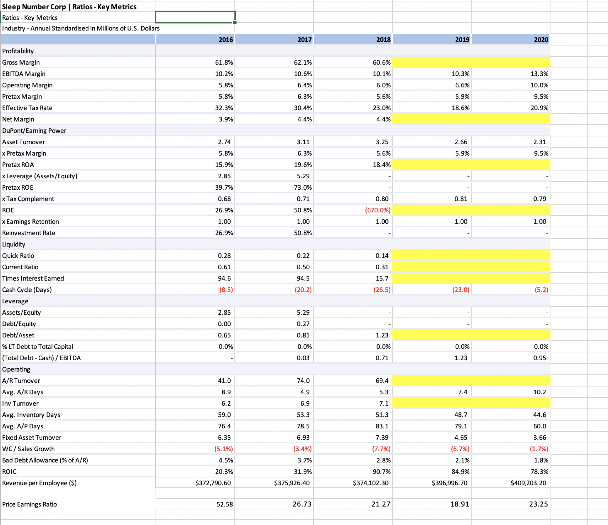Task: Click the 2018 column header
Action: pos(383,39)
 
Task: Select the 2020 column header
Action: pos(541,39)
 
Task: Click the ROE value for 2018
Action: pos(378,210)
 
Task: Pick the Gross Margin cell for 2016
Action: pos(224,62)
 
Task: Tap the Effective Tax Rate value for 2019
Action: pos(460,108)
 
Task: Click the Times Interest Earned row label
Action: pos(33,278)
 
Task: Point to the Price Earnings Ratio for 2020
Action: pos(538,504)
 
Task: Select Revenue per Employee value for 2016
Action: pos(213,483)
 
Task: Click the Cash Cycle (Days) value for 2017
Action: pos(303,289)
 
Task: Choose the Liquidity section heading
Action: pos(14,244)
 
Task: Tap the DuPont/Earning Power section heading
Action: pos(34,130)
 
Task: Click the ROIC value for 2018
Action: pos(382,471)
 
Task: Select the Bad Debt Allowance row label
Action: pos(45,460)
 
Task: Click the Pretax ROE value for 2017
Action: pos(303,187)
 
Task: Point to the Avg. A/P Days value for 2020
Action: pos(539,426)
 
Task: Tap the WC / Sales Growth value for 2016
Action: pos(224,449)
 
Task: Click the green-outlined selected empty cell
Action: pos(195,17)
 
